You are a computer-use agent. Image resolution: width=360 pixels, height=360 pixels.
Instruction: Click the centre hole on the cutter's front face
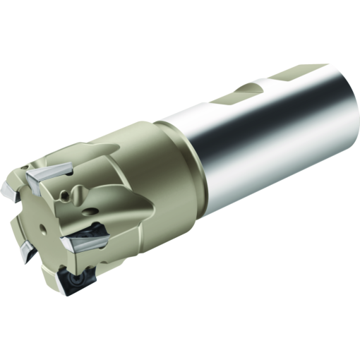click(44, 228)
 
